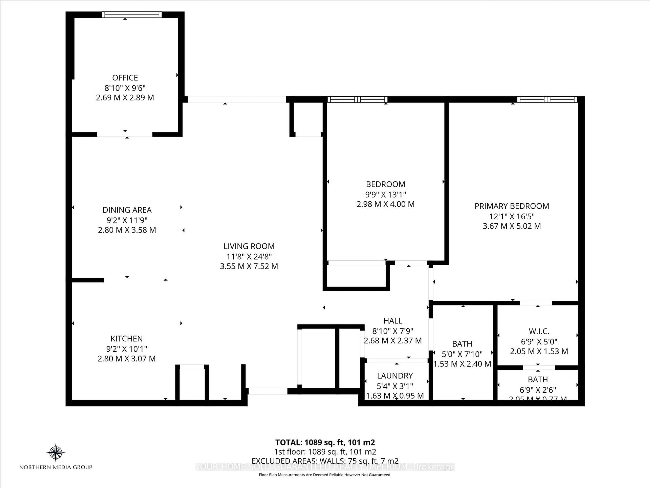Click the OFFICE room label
point(125,78)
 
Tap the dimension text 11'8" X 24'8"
point(249,256)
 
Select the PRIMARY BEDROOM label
point(512,206)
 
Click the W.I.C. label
point(539,331)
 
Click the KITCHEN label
point(127,339)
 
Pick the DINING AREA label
point(127,210)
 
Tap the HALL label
point(393,321)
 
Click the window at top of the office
point(132,15)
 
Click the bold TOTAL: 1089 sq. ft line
point(325,442)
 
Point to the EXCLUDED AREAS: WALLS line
point(325,461)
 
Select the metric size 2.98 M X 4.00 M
point(386,204)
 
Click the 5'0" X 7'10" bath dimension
point(462,354)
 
